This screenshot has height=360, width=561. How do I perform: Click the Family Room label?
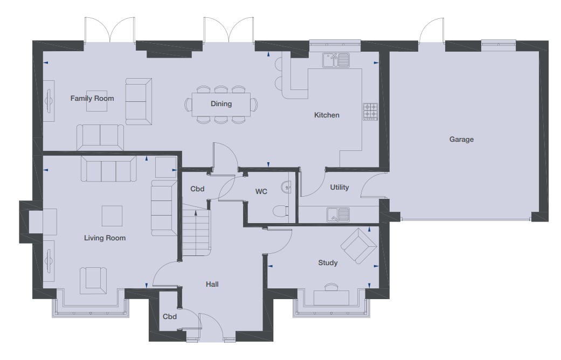pos(88,99)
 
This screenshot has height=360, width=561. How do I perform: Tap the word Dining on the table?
pos(221,104)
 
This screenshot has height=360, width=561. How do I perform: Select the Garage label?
pos(461,140)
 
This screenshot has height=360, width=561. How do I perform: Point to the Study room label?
pos(328,263)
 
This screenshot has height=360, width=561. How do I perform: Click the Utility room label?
pos(340,188)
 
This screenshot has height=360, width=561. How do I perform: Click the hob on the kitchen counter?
pos(371,112)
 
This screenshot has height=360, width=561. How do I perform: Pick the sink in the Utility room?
pos(338,214)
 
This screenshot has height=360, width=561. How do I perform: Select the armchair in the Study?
pos(358,246)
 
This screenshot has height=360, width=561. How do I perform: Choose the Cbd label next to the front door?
pos(170,317)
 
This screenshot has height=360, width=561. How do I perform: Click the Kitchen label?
pos(327,115)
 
